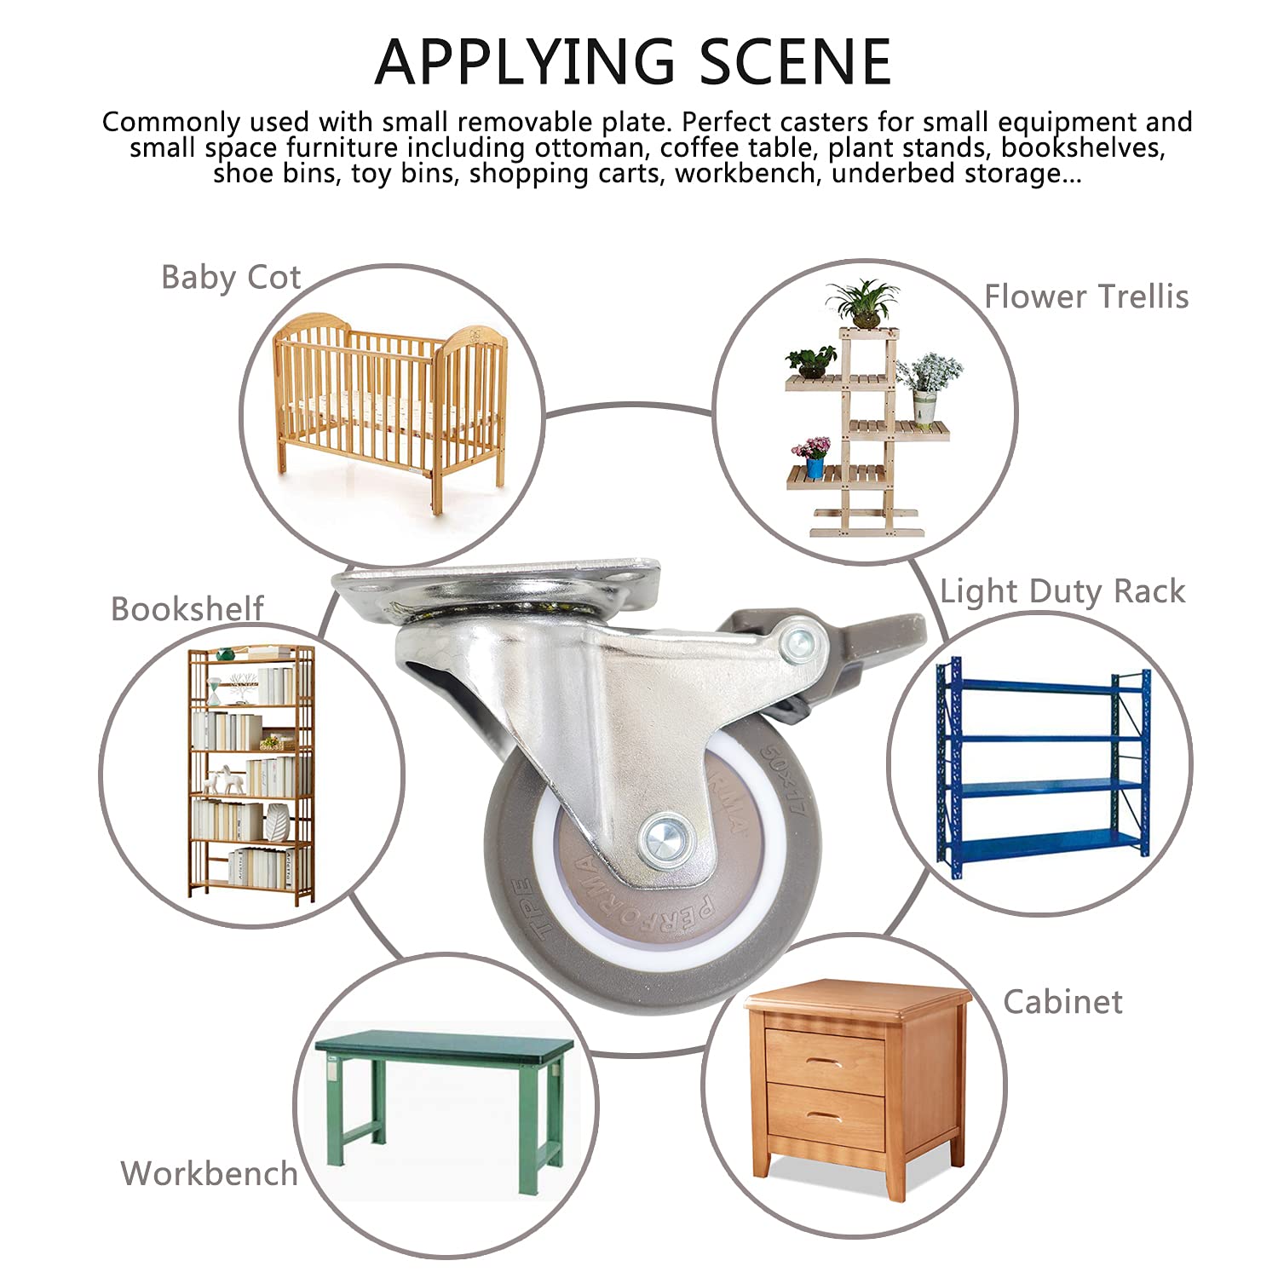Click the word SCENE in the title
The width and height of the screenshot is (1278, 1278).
coord(796,62)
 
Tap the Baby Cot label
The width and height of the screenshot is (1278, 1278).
coord(231,278)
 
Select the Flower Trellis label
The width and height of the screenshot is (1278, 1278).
coord(1086,296)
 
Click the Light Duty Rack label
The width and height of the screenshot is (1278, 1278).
coord(1062,591)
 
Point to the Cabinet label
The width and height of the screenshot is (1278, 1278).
coord(1062,1002)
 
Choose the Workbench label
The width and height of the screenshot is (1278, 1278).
coord(209,1173)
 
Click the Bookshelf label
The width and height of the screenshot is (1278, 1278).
coord(187,608)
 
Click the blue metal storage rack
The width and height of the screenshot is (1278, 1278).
coord(1044,767)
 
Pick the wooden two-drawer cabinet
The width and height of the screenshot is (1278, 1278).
coord(856,1088)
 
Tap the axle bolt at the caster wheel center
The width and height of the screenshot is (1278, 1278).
coord(665,840)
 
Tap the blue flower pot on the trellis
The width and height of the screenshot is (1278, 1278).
coord(815,467)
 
